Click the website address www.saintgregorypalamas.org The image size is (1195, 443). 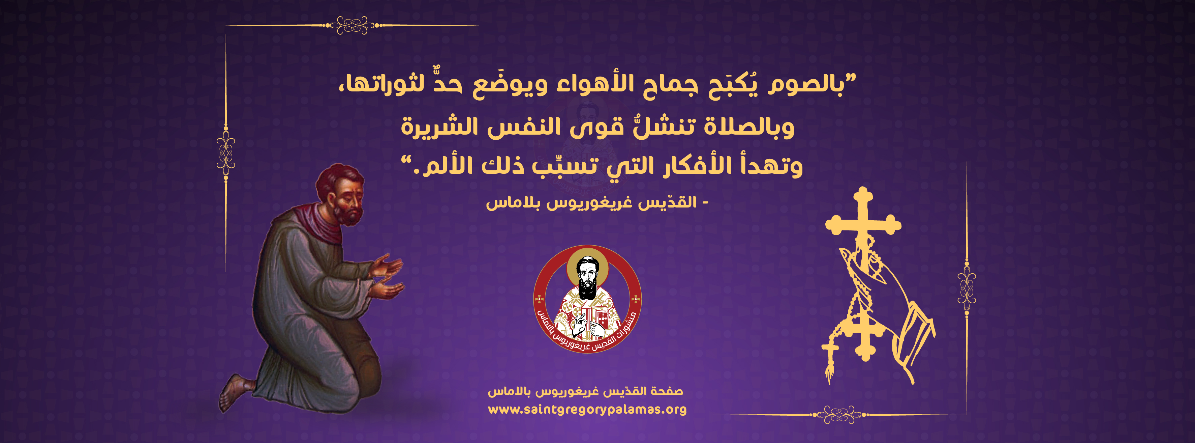(587, 410)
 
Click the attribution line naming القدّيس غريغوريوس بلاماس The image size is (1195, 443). (597, 203)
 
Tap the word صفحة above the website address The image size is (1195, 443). (667, 391)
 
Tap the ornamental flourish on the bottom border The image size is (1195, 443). (839, 414)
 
